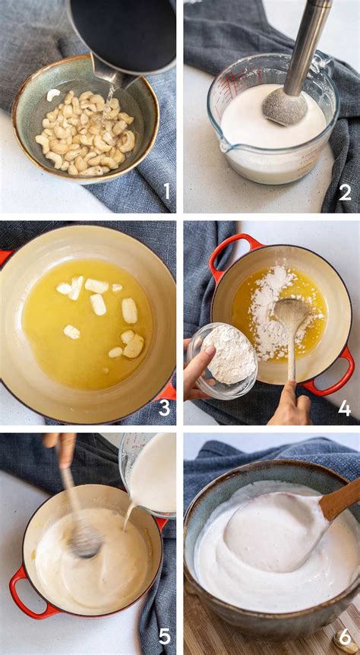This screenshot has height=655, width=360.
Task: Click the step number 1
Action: click(x=167, y=191)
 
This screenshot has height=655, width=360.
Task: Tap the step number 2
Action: click(x=345, y=191)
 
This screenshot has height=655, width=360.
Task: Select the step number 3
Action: click(x=164, y=407)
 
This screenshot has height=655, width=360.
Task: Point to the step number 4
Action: click(x=344, y=408)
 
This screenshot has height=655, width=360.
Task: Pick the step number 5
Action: click(x=164, y=635)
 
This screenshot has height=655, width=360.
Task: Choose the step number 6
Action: click(x=345, y=635)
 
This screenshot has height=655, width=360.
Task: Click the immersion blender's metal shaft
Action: click(x=308, y=46)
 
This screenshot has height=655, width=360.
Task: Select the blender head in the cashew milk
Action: click(x=285, y=106)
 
